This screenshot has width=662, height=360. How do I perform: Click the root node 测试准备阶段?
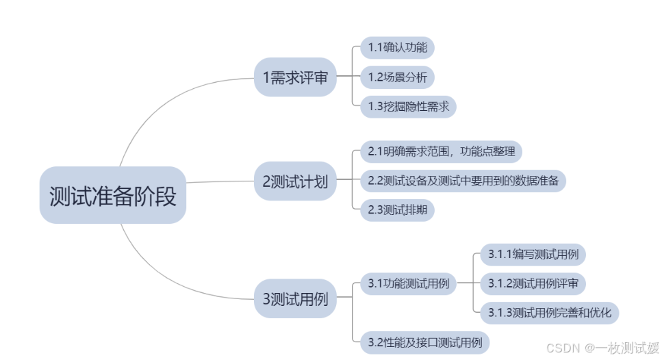pos(113,196)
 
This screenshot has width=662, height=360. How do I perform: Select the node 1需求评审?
pos(295,77)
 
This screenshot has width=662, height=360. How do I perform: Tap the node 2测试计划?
pos(295,182)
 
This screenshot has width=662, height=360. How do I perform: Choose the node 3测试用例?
pos(295,298)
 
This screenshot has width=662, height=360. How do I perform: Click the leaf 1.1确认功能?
pos(398,48)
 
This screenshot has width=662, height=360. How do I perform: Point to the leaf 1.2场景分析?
pos(398,77)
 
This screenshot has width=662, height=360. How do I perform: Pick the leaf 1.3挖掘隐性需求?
pos(409,106)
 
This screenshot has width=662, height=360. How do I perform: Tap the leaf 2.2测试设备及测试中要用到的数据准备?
pos(463,181)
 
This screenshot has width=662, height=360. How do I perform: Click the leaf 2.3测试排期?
pos(398,210)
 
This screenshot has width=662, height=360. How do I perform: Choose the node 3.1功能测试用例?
pos(409,283)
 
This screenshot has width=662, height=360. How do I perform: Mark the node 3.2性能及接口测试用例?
pos(425,342)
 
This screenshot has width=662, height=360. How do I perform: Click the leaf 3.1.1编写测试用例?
pos(533,255)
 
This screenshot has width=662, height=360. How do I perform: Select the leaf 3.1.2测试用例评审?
pos(533,283)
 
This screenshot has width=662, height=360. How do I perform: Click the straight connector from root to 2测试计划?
pos(219,182)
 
